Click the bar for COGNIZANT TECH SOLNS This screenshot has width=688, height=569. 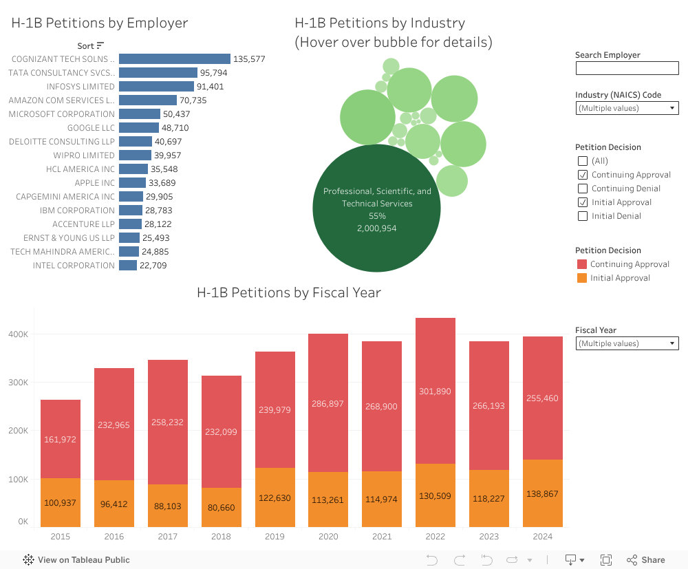(175, 59)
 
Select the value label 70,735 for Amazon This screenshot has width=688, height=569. (193, 100)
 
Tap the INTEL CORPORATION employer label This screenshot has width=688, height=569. (74, 266)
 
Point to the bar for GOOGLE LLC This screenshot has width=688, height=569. (139, 128)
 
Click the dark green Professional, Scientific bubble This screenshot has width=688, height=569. (376, 208)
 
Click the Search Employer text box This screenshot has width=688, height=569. (627, 68)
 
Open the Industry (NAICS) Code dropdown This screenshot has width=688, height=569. (627, 108)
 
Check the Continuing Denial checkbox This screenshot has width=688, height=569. (583, 189)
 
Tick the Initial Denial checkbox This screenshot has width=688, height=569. (583, 216)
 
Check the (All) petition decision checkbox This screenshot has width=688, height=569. (583, 161)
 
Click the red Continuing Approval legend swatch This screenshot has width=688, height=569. (581, 264)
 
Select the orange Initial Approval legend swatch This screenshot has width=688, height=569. (581, 278)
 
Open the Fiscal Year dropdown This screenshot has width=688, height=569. (627, 343)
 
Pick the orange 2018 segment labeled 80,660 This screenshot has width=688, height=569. (221, 508)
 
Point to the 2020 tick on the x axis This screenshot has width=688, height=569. (328, 537)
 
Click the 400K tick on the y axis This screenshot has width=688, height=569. (19, 334)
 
